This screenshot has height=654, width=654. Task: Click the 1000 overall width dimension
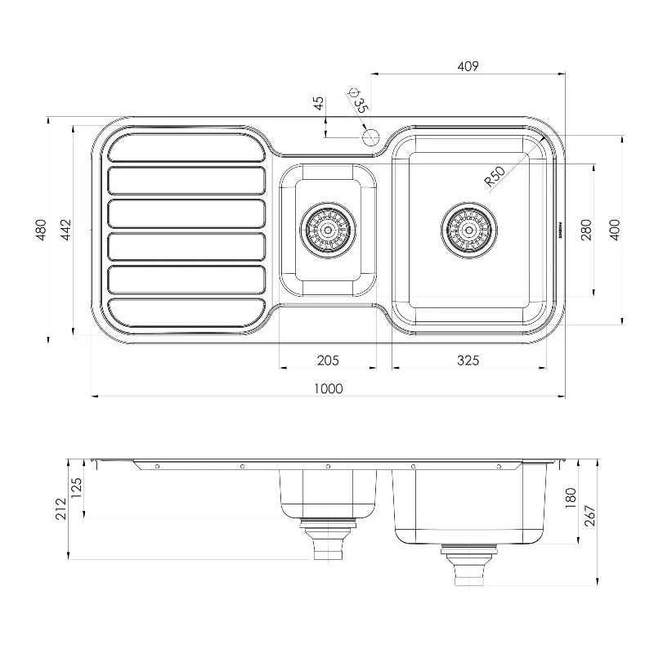click(x=328, y=388)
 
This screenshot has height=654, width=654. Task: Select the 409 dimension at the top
click(x=468, y=66)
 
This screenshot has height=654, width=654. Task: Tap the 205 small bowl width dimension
click(x=328, y=360)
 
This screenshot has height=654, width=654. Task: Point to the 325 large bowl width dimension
click(x=468, y=360)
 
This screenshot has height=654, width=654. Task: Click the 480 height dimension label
click(x=40, y=231)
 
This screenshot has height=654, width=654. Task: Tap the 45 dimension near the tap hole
click(x=319, y=103)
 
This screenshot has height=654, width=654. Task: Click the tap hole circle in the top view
click(x=370, y=137)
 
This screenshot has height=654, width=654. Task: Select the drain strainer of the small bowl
click(x=328, y=230)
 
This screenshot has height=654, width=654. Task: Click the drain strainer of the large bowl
click(x=468, y=230)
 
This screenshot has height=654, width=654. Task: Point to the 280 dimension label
click(x=585, y=230)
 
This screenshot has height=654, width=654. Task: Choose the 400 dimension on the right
click(x=614, y=230)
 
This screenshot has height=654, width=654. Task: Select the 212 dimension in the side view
click(x=58, y=508)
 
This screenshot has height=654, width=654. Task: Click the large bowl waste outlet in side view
click(x=468, y=567)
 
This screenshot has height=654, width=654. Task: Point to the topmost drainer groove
click(x=187, y=146)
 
